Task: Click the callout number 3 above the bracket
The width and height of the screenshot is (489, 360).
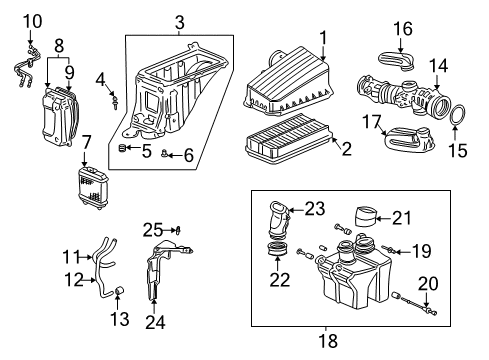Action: click(x=180, y=23)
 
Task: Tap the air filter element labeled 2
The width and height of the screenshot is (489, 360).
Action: click(x=287, y=139)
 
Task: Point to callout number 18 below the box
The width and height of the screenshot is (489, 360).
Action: click(x=328, y=341)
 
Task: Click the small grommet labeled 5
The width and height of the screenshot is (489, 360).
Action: click(x=122, y=148)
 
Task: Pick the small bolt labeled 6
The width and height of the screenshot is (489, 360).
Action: click(x=164, y=153)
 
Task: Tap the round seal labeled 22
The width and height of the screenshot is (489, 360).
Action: click(x=278, y=249)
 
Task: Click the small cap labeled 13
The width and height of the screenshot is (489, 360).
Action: click(x=119, y=290)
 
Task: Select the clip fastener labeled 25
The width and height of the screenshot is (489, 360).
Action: click(x=179, y=230)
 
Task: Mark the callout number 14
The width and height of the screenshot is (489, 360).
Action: click(x=438, y=66)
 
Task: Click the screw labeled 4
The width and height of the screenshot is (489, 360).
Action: click(x=115, y=101)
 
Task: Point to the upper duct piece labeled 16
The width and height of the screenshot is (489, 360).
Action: click(x=397, y=62)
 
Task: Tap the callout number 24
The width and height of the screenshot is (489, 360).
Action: click(x=155, y=322)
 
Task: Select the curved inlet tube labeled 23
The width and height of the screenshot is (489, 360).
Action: click(x=278, y=220)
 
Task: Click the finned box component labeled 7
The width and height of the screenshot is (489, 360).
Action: click(x=90, y=188)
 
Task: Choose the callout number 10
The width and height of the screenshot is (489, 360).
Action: click(x=32, y=22)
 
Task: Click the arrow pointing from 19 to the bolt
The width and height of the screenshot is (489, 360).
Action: click(x=402, y=252)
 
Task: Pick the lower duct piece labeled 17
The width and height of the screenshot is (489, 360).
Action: click(x=409, y=139)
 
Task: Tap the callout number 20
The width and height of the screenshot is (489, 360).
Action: click(x=428, y=284)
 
